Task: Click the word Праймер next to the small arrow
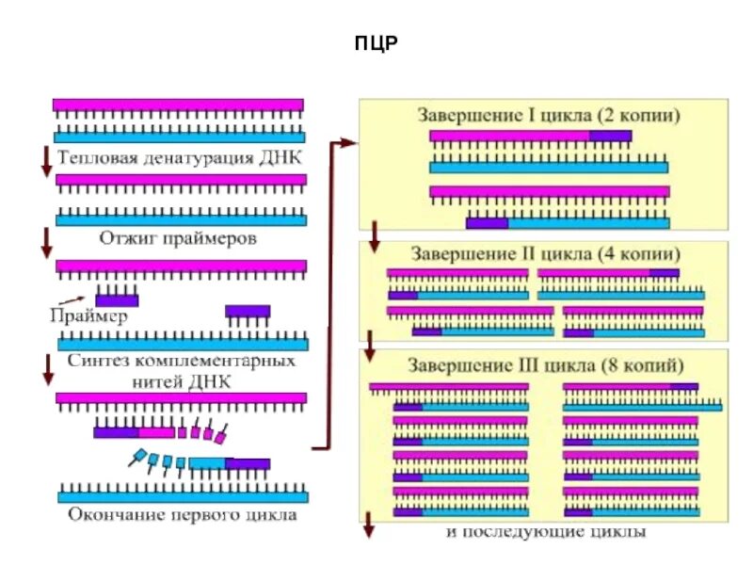tap(88, 316)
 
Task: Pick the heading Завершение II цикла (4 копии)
tap(545, 253)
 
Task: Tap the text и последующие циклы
tap(546, 533)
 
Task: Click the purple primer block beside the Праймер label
tap(117, 299)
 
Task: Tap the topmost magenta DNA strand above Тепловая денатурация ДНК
tap(178, 105)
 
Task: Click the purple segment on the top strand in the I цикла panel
tap(610, 136)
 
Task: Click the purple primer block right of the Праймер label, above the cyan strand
tap(248, 311)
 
